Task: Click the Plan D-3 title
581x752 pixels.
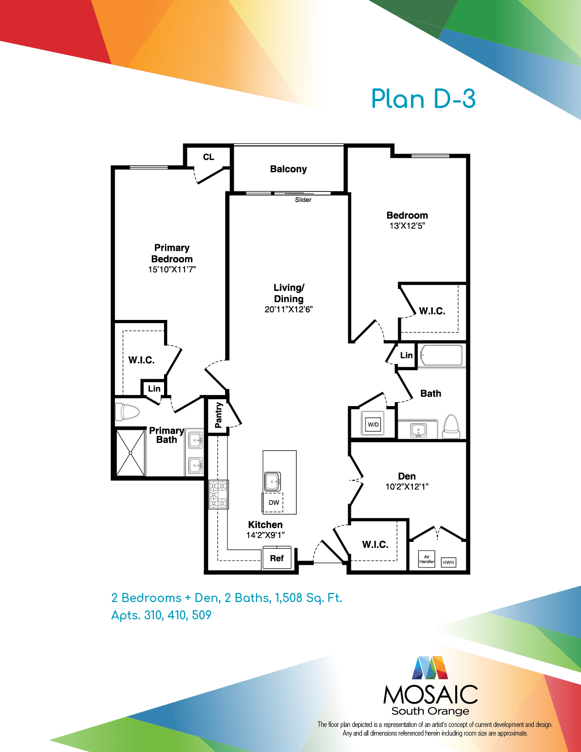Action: tap(423, 99)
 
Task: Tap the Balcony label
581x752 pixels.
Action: tap(288, 169)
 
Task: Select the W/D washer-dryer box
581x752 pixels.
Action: tap(373, 423)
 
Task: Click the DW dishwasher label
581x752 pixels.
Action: tap(274, 503)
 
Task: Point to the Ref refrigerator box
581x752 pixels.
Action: tap(277, 557)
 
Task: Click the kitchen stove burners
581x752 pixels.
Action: tap(218, 494)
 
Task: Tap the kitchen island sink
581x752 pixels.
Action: tap(273, 481)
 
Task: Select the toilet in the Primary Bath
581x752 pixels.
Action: tap(127, 412)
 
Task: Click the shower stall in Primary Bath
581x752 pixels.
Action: tap(130, 453)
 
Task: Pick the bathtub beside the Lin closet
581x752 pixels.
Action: tap(441, 355)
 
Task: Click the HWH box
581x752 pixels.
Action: tap(448, 562)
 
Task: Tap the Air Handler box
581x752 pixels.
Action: tap(427, 559)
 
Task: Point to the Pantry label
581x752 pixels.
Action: tap(218, 415)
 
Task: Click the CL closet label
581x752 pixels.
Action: tap(208, 157)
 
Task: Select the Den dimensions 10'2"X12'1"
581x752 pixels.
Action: tap(407, 487)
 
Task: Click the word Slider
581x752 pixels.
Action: tap(303, 200)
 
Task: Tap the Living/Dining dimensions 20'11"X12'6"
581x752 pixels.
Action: tap(288, 309)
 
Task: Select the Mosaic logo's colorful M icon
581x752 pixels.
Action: tap(430, 668)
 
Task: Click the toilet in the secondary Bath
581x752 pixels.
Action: tap(452, 426)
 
